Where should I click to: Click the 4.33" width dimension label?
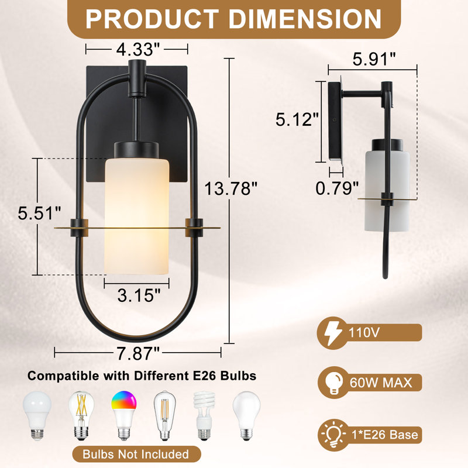tap(138, 49)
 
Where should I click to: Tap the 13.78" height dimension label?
tap(230, 188)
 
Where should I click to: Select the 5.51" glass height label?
tap(39, 213)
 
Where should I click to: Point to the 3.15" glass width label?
tap(139, 295)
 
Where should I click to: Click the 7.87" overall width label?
tap(138, 353)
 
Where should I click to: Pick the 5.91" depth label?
tap(374, 59)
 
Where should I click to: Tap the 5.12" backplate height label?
tap(297, 119)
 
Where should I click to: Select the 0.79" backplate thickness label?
tap(337, 188)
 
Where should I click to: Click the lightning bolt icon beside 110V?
tap(333, 333)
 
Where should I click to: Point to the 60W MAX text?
tap(381, 383)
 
